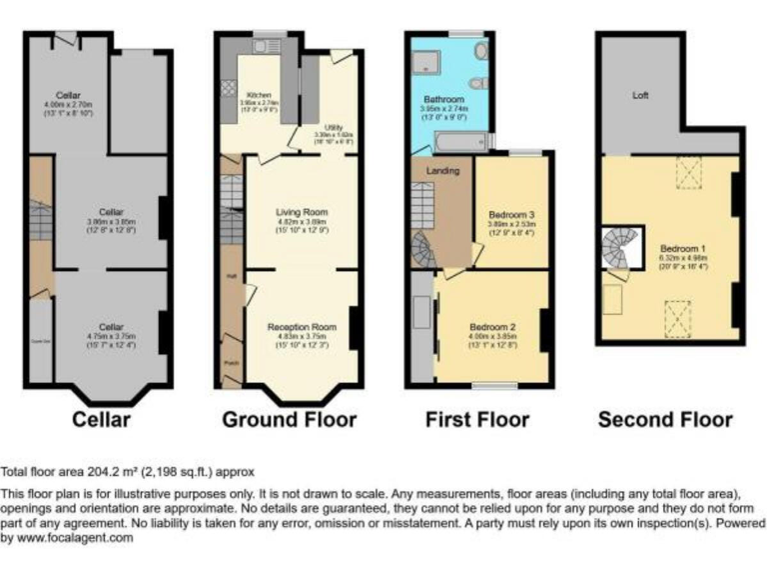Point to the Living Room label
(302, 212)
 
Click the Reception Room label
(302, 326)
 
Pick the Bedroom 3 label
(511, 215)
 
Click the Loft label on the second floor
(640, 96)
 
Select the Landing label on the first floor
(442, 171)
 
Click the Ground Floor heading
(289, 419)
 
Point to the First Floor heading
(478, 419)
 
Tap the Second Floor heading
(665, 419)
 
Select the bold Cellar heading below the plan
(101, 419)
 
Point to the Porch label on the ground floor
(231, 362)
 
